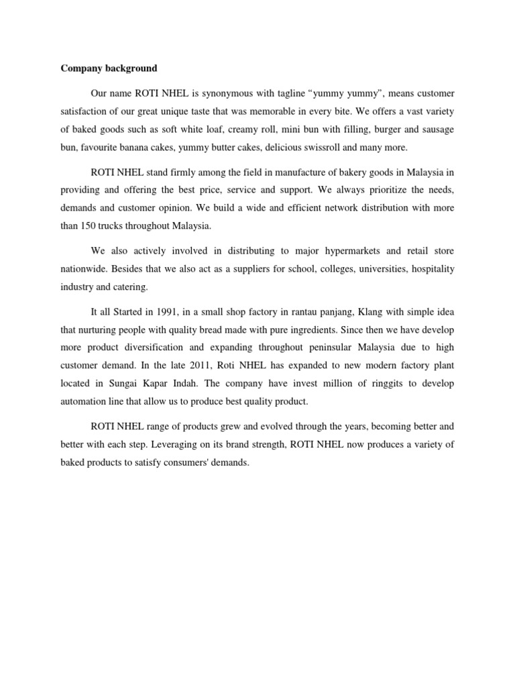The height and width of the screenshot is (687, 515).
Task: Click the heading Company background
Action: (109, 68)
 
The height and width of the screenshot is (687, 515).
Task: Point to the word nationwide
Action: (84, 268)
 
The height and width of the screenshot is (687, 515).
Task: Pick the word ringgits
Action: (385, 382)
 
